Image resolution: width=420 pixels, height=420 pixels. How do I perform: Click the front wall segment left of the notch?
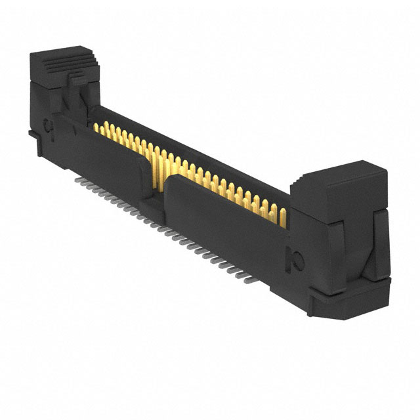click(105, 157)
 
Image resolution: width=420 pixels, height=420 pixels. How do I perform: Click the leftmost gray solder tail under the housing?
click(79, 178)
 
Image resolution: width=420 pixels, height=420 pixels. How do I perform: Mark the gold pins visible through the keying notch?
click(157, 167)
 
